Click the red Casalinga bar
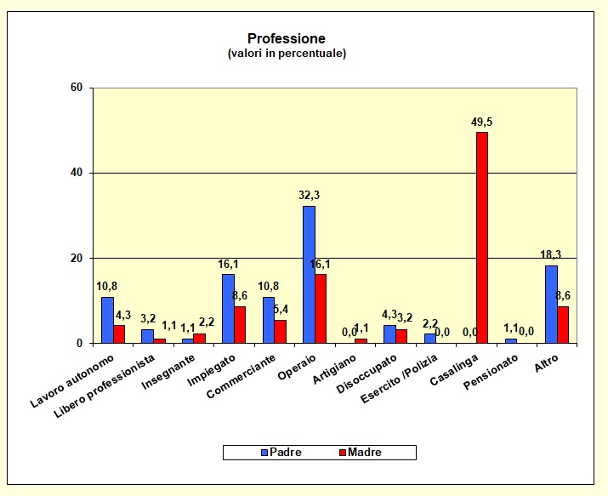[x=482, y=238]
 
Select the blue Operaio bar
[x=309, y=275]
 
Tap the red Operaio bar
[x=321, y=309]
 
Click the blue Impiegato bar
[x=228, y=309]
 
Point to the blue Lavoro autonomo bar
[x=107, y=320]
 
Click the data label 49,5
[x=482, y=123]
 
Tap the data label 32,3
[x=309, y=196]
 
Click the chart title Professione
[x=286, y=39]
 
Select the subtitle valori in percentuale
[x=287, y=54]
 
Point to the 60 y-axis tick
[x=76, y=88]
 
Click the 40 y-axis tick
[x=76, y=173]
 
